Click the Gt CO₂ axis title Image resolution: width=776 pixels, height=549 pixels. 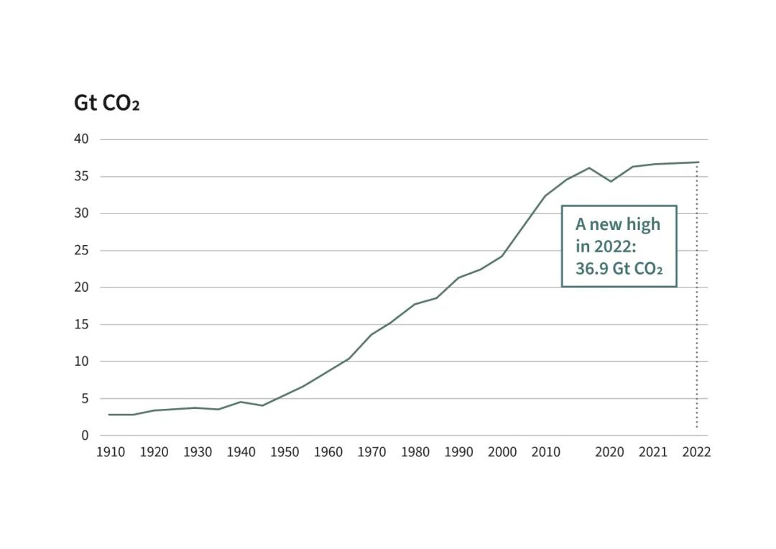[106, 103]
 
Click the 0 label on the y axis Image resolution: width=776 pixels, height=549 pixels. [85, 435]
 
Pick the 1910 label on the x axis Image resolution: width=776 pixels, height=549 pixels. [111, 453]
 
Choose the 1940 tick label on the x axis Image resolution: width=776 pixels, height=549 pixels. [241, 453]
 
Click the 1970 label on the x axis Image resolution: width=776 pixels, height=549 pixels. [371, 453]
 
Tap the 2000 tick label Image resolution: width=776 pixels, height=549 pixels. [502, 453]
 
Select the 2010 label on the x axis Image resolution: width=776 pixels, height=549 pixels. [545, 453]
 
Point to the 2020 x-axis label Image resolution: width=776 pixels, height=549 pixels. [610, 453]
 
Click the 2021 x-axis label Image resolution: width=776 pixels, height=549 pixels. [653, 453]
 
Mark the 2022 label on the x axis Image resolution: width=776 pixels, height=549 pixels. [696, 453]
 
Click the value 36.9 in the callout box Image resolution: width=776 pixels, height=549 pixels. [589, 270]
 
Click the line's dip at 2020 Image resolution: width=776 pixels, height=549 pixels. [611, 181]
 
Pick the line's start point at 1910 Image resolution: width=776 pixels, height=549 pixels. [109, 415]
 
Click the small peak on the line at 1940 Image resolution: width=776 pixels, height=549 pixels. [241, 402]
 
